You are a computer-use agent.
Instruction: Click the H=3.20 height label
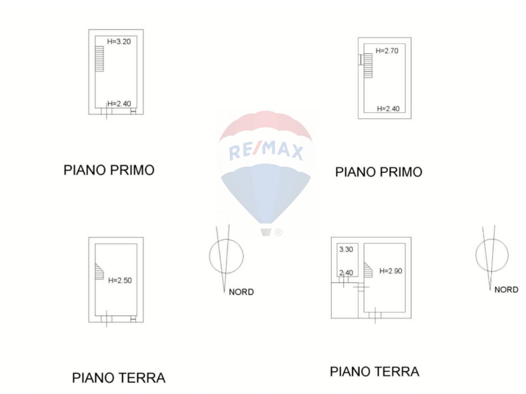[x=119, y=41]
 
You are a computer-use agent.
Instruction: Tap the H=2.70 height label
[x=387, y=51]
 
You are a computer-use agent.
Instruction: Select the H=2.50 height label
[x=120, y=280]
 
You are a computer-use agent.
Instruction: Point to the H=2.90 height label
[x=391, y=271]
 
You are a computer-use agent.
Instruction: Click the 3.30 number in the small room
[x=346, y=249]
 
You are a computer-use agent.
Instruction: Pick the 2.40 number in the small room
[x=346, y=273]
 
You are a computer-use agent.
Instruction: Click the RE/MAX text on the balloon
[x=265, y=151]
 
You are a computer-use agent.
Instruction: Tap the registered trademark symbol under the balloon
[x=278, y=232]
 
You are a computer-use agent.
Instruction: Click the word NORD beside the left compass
[x=241, y=292]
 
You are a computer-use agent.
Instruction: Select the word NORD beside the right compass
[x=506, y=290]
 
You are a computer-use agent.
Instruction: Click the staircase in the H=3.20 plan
[x=99, y=59]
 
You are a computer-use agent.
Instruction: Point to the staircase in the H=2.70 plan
[x=368, y=66]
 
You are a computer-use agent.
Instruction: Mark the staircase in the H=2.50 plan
[x=99, y=271]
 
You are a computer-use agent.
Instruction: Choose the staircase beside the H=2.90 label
[x=368, y=270]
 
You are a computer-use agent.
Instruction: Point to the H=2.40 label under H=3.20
[x=119, y=103]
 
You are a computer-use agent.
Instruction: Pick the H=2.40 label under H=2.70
[x=388, y=109]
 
